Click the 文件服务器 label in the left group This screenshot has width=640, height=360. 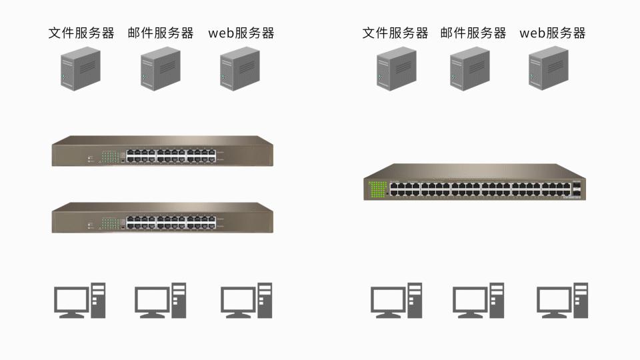pos(81,33)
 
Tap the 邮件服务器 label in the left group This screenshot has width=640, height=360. pos(161,33)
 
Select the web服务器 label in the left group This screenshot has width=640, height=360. pos(241,33)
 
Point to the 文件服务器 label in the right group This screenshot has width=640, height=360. pos(395,33)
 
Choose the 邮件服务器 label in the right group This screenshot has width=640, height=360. pos(473,33)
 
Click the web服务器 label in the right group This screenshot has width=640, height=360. pos(553,33)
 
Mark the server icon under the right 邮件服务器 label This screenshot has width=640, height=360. pos(470,69)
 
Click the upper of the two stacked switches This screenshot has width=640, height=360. pos(163,151)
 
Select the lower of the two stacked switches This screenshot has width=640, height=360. pos(163,218)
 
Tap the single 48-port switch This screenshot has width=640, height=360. pos(474,182)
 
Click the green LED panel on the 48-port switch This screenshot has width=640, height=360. pos(378,189)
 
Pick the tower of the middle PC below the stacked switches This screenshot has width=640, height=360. pos(179,300)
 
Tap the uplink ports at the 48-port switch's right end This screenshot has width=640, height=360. pos(577,189)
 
